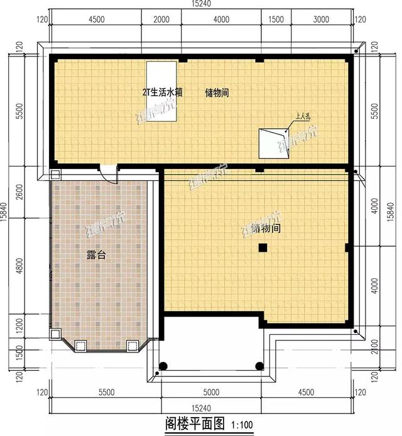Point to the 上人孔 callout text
pyautogui.click(x=303, y=116)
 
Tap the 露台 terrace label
pyautogui.click(x=95, y=256)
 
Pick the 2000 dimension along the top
pyautogui.click(x=161, y=19)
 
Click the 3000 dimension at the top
pyautogui.click(x=321, y=19)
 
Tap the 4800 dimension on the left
pyautogui.click(x=19, y=266)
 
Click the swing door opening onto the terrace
pyautogui.click(x=109, y=173)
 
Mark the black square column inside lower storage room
pyautogui.click(x=263, y=249)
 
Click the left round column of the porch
pyautogui.click(x=163, y=366)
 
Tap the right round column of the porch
pyautogui.click(x=258, y=366)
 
